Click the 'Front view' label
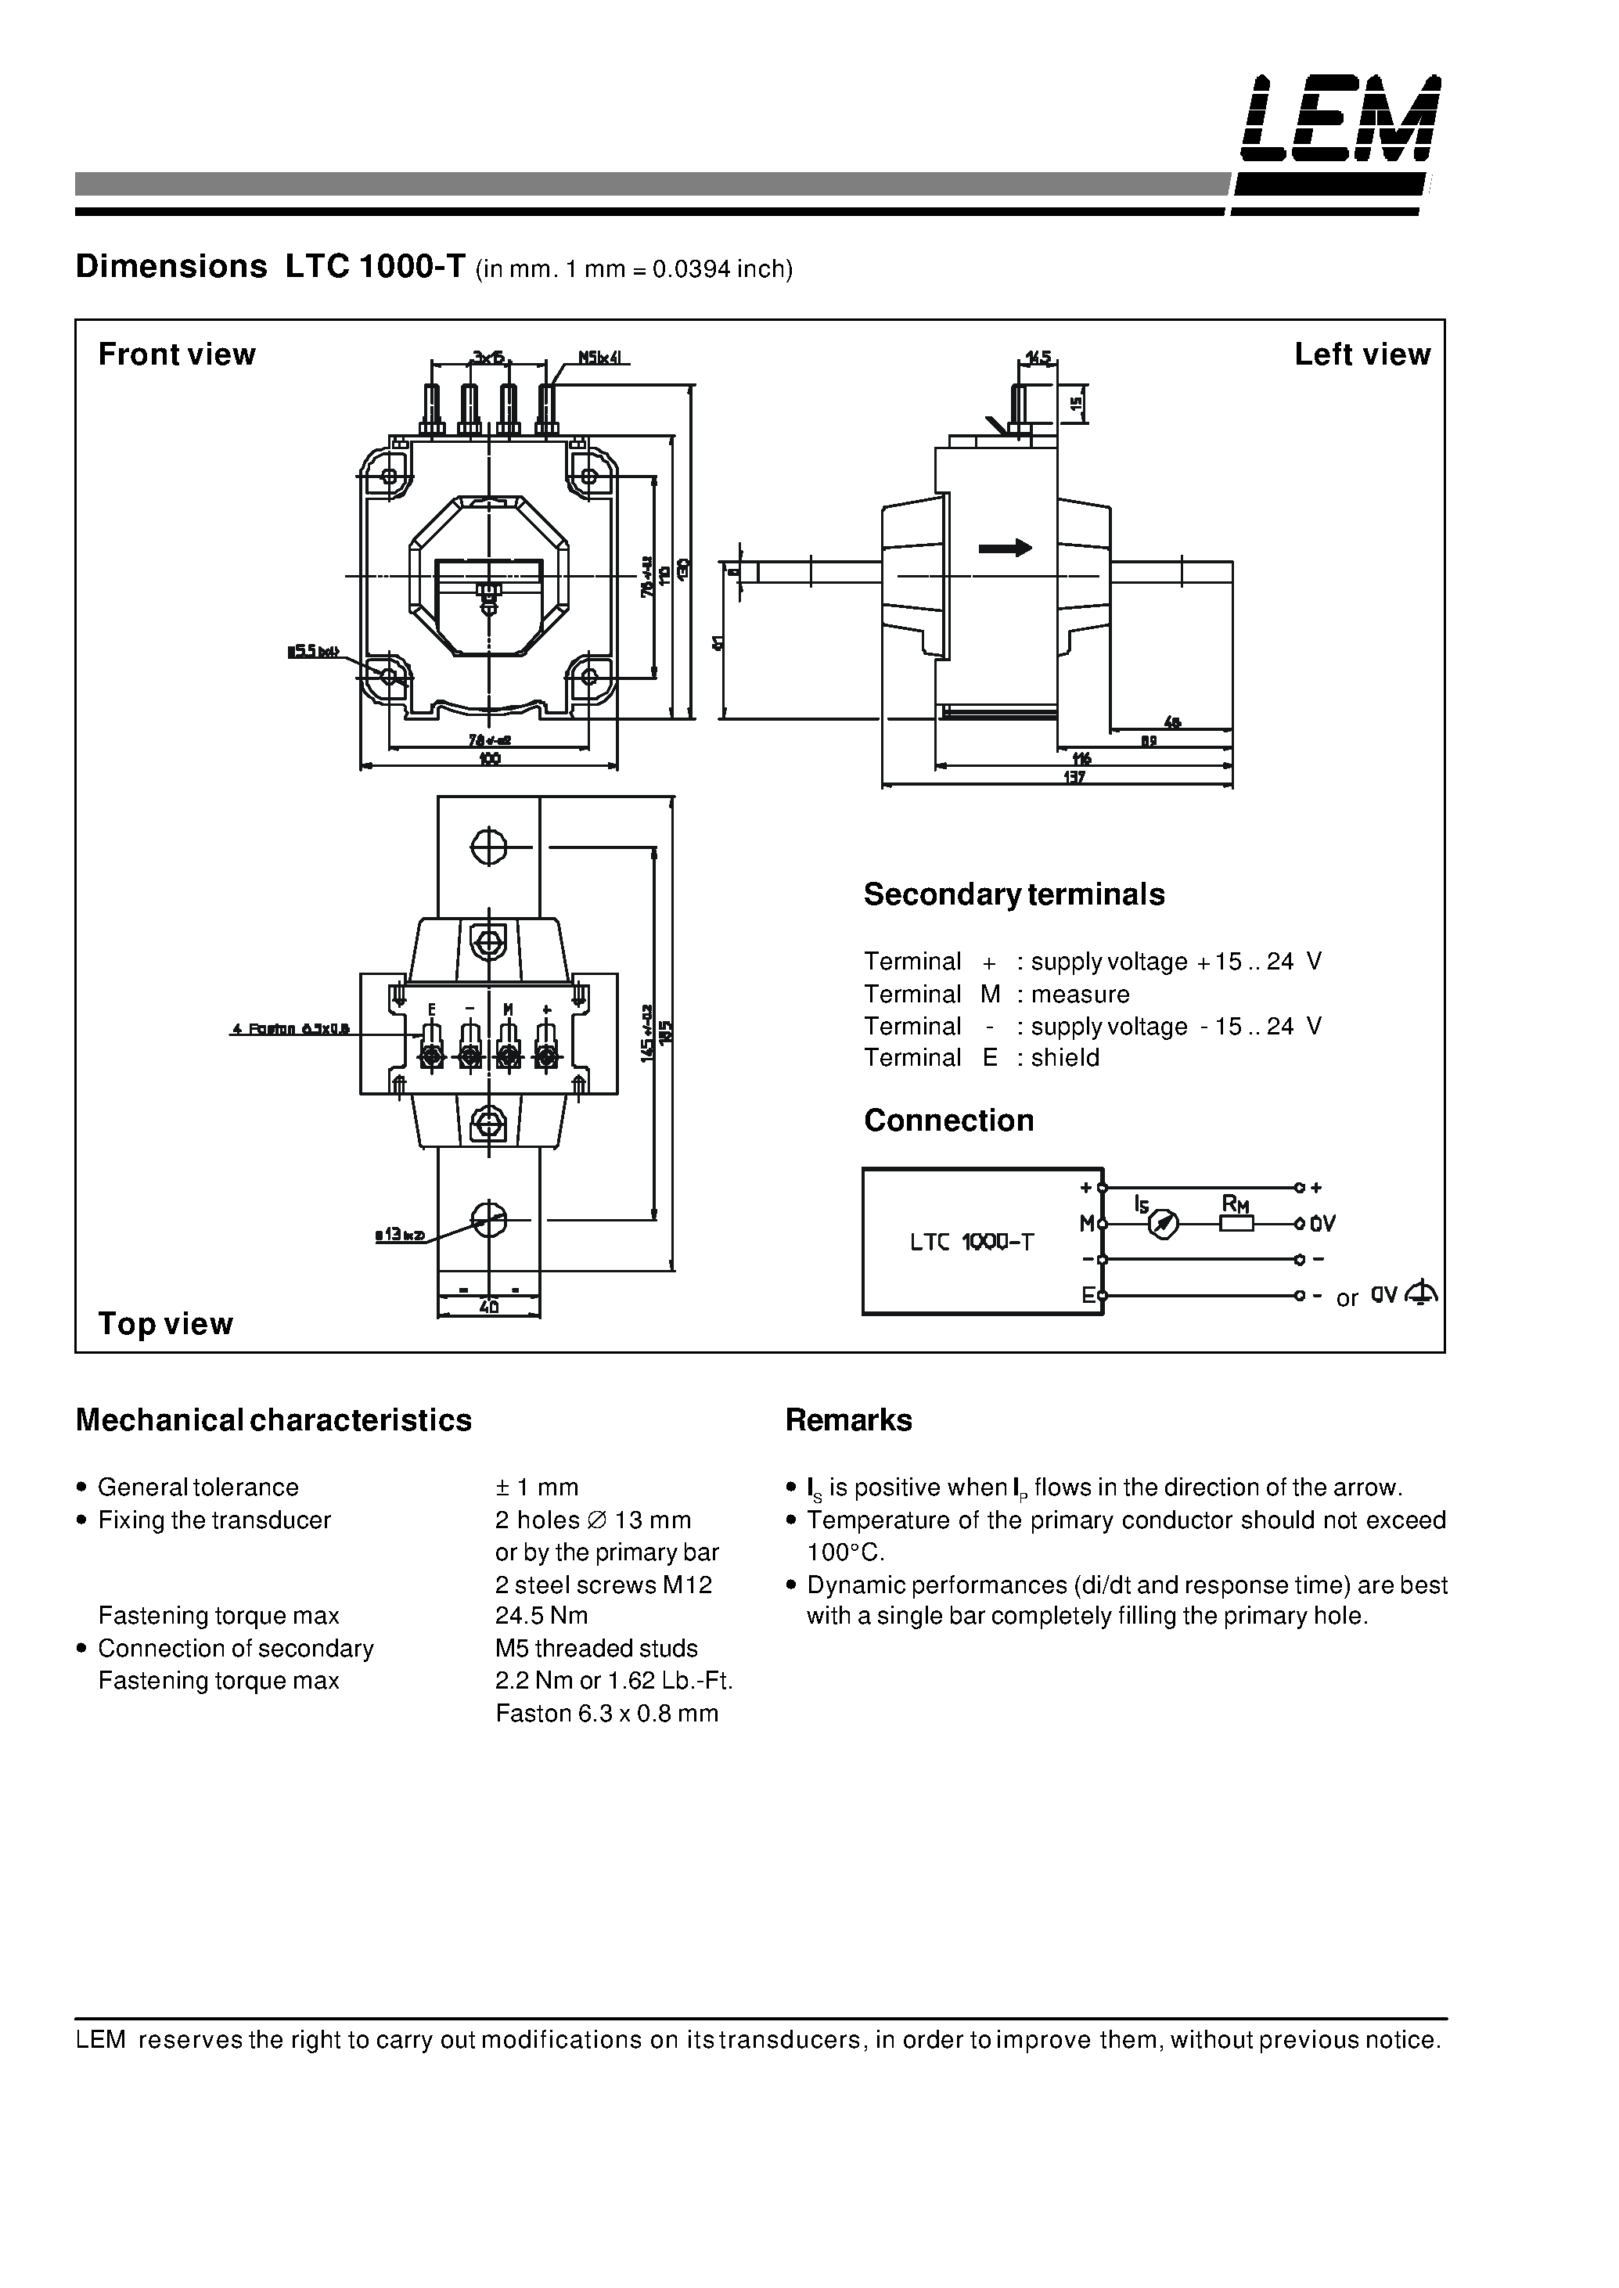tap(177, 355)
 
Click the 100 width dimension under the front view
tap(488, 759)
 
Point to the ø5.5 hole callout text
tap(313, 652)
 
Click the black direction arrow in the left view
tap(1005, 547)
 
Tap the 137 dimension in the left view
tap(1074, 777)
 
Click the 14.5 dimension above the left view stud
tap(1037, 357)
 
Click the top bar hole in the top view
tap(488, 847)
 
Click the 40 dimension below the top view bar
tap(488, 1306)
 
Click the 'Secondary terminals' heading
tap(1013, 894)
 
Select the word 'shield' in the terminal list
tap(1065, 1058)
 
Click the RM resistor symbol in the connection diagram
tap(1236, 1223)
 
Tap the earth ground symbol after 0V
tap(1420, 1294)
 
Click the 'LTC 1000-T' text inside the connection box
tap(972, 1242)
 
